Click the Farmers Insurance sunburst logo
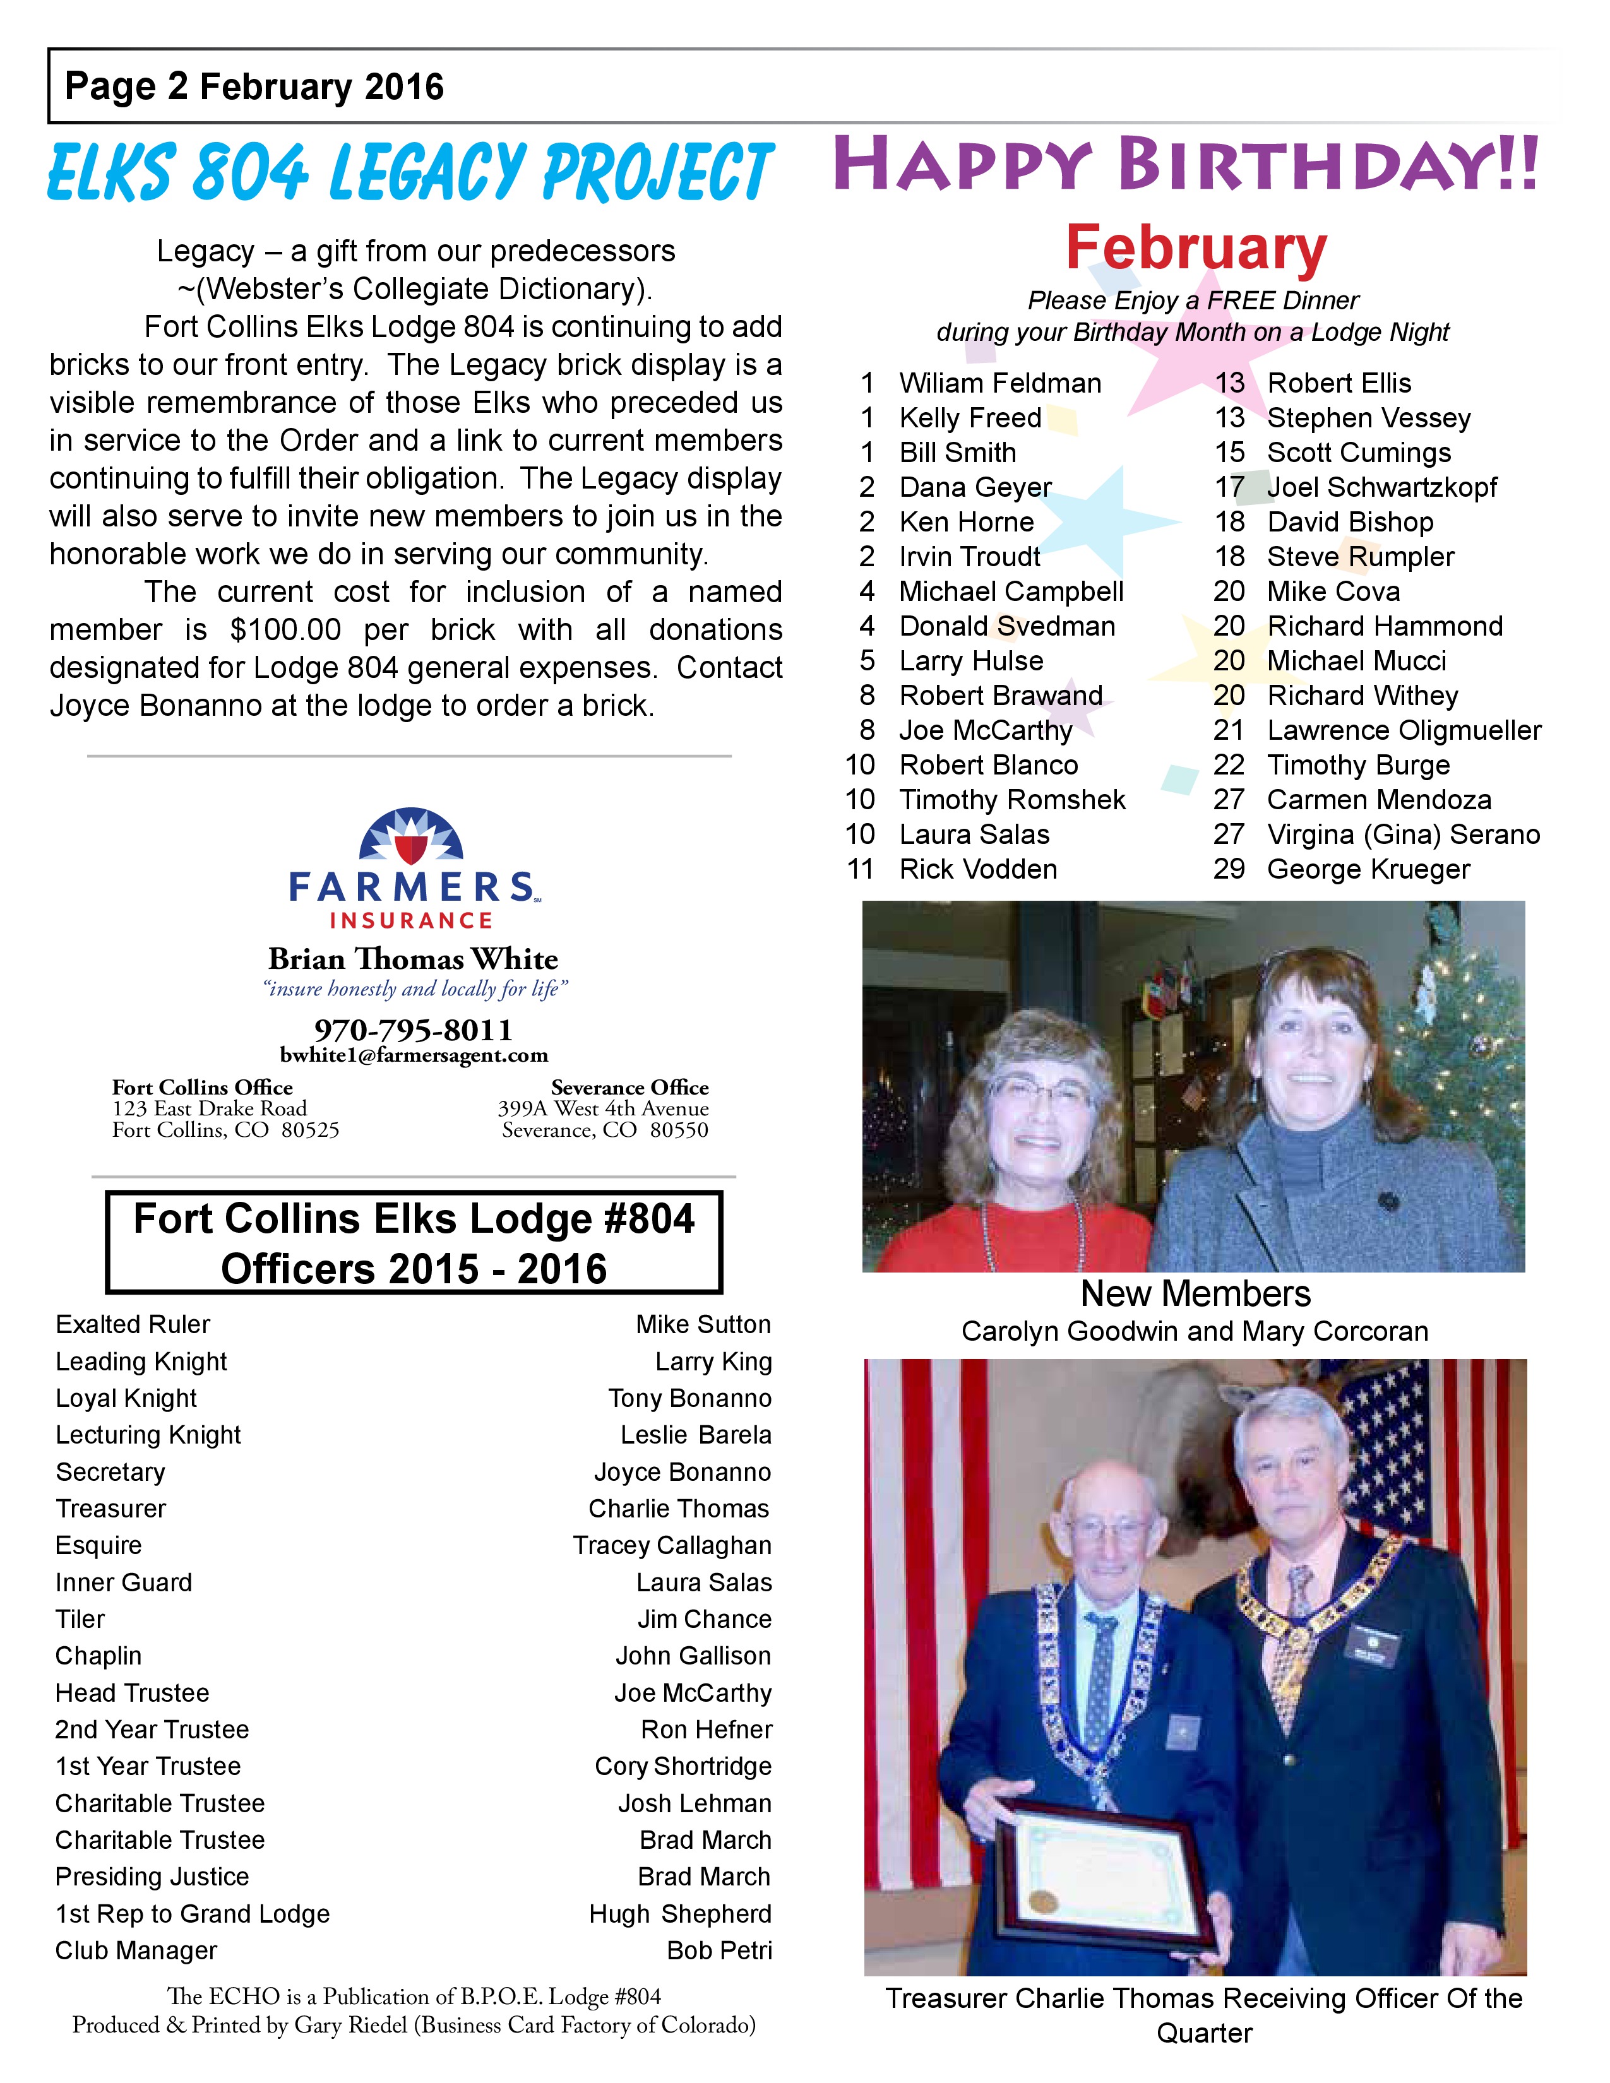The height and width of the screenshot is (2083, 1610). click(411, 836)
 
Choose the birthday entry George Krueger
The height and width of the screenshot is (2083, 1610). click(1368, 869)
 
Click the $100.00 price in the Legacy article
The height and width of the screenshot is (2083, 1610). click(285, 629)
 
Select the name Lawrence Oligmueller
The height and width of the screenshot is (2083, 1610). click(1403, 730)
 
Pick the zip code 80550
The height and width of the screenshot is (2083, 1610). click(679, 1131)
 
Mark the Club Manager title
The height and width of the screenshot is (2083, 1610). click(136, 1950)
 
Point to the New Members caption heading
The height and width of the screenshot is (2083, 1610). click(1195, 1293)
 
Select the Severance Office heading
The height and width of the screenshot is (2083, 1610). click(629, 1088)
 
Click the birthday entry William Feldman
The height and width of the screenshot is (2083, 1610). click(999, 383)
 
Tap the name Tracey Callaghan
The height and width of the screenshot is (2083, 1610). click(672, 1545)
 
